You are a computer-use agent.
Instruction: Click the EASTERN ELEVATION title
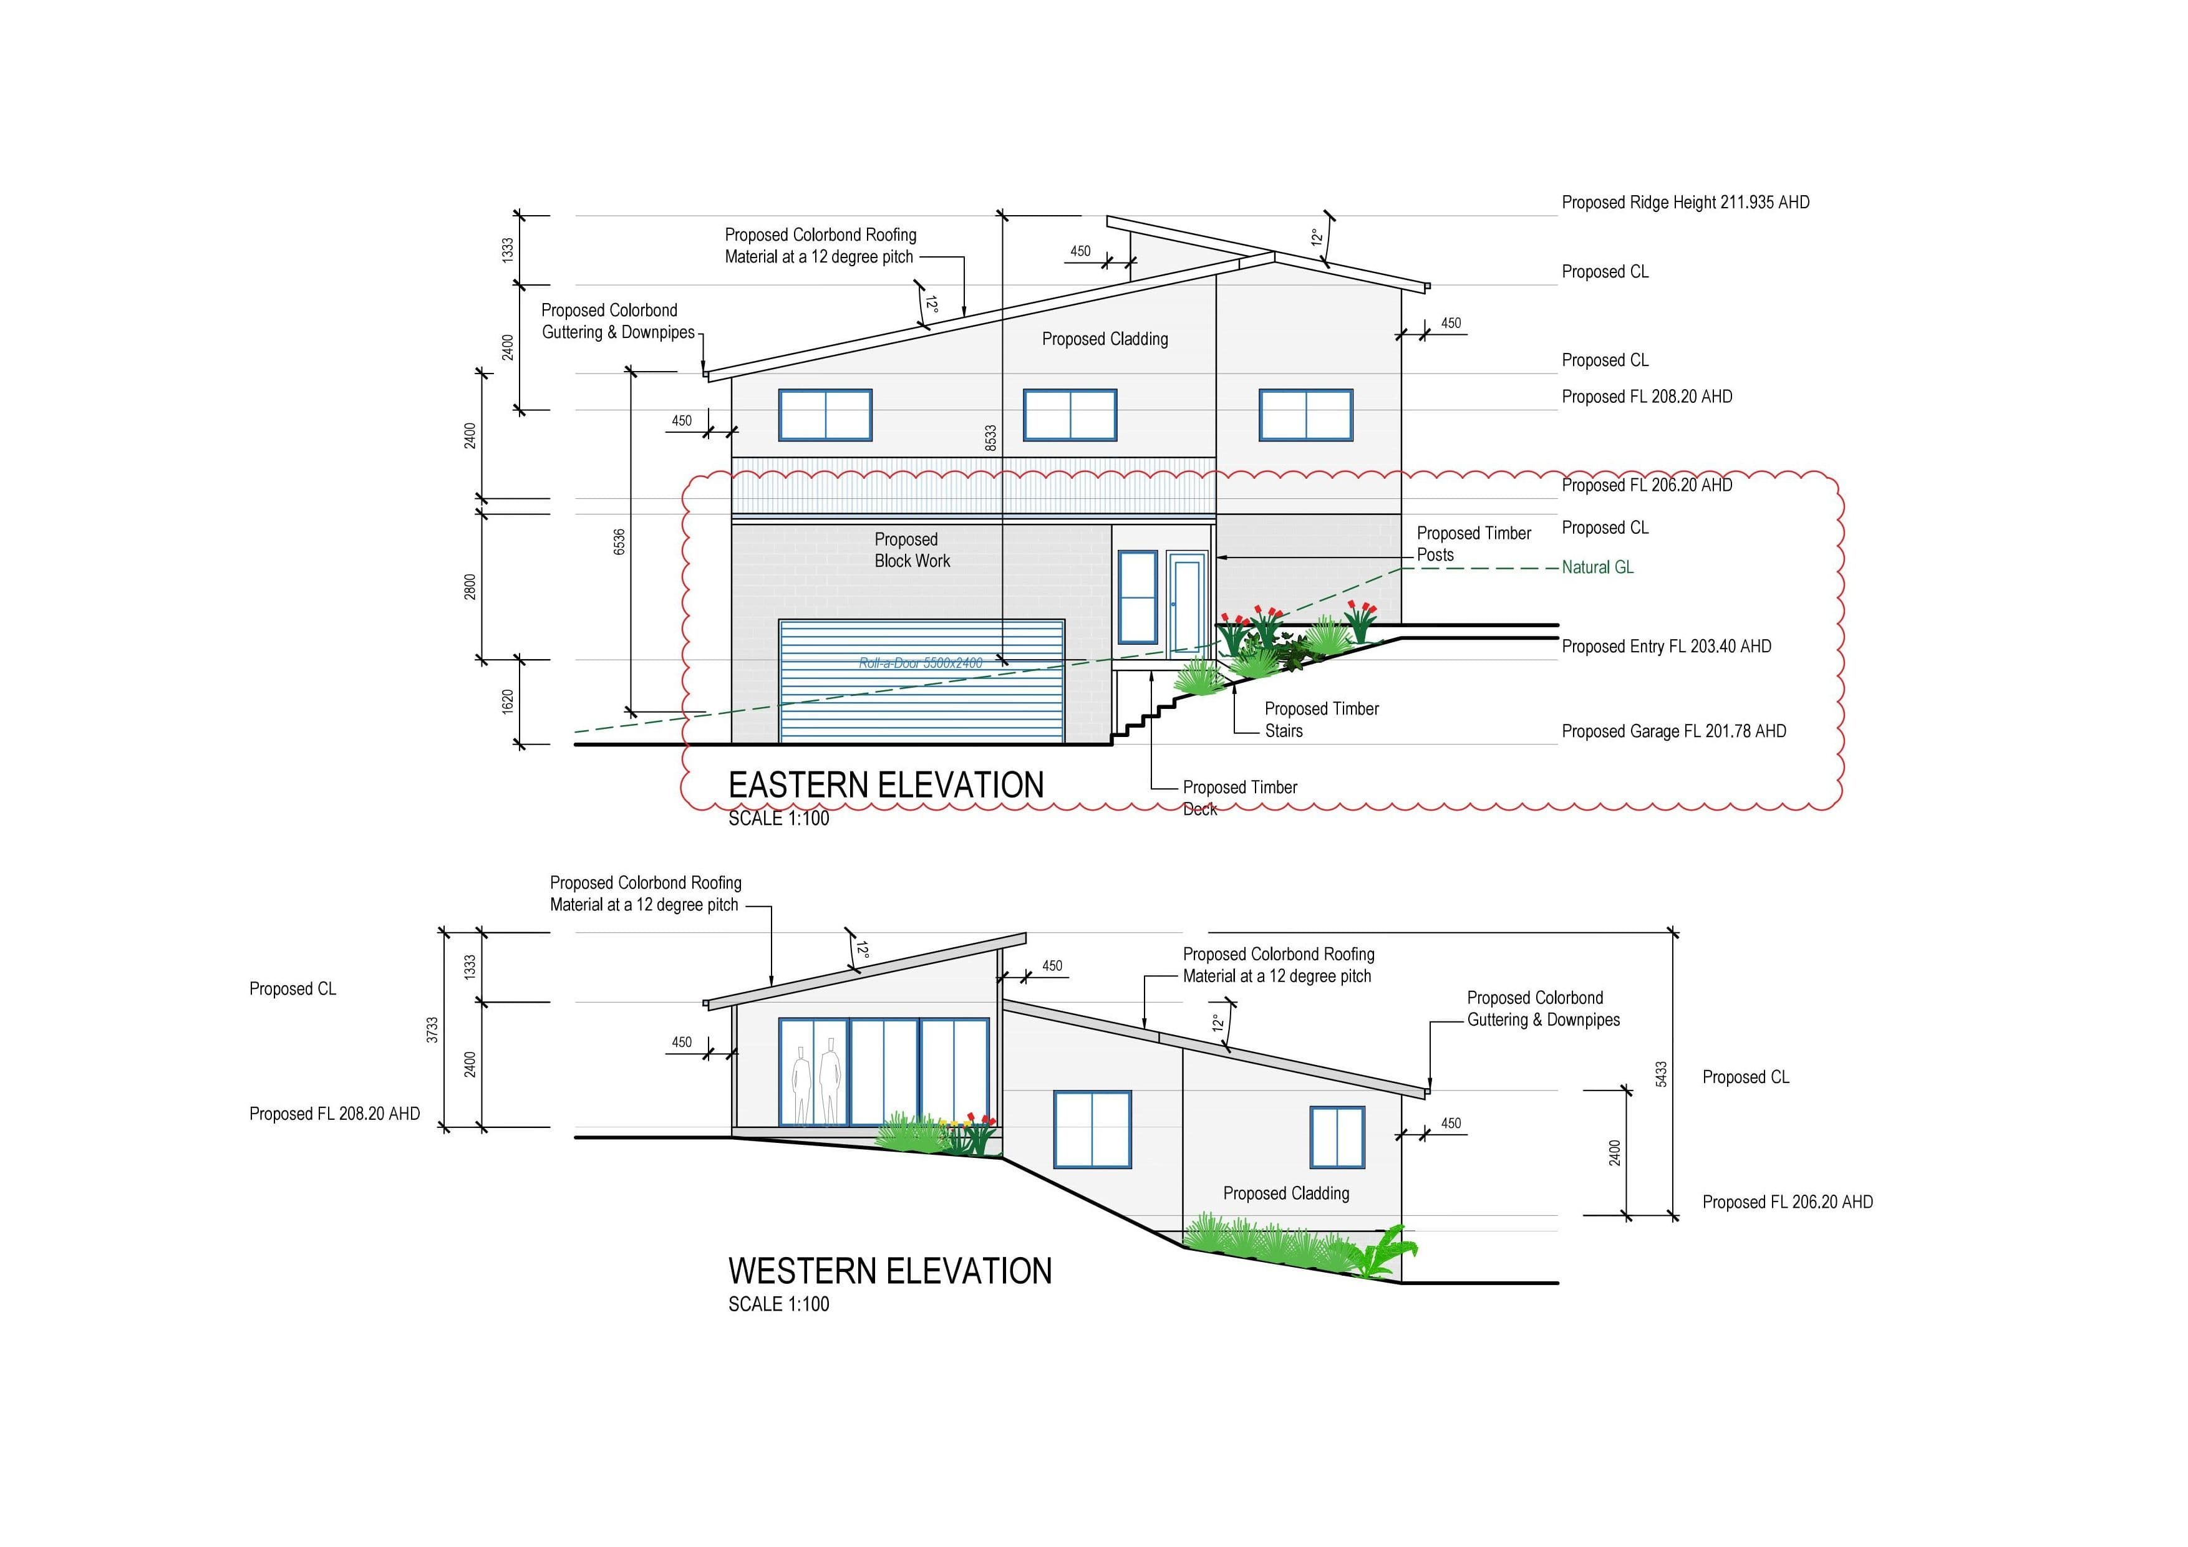(x=886, y=785)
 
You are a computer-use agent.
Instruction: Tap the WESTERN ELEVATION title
(x=890, y=1271)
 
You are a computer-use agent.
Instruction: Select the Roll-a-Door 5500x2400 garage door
(x=921, y=681)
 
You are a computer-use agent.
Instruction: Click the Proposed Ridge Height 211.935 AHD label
(x=1685, y=202)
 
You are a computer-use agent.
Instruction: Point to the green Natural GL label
(x=1597, y=567)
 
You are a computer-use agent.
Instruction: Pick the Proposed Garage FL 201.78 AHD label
(x=1673, y=731)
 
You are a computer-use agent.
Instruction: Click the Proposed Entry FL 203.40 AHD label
(x=1666, y=646)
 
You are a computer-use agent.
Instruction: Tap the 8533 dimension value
(x=991, y=438)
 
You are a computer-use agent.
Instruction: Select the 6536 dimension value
(x=619, y=542)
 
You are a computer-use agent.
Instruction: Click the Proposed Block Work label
(x=912, y=549)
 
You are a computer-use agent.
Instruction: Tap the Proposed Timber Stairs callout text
(x=1322, y=719)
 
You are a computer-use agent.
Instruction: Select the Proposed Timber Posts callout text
(x=1473, y=543)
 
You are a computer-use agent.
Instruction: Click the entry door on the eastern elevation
(x=1186, y=603)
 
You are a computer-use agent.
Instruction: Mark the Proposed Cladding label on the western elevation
(x=1285, y=1193)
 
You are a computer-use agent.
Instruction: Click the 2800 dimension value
(x=470, y=586)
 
